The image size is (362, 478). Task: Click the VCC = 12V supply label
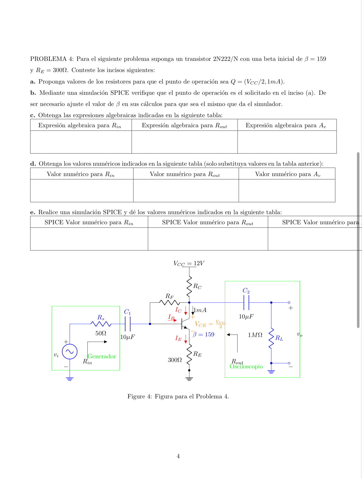[x=189, y=263]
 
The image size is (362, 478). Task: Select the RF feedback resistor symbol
[x=169, y=302]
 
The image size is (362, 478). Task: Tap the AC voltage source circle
[x=70, y=352]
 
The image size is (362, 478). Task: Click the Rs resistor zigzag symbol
[x=101, y=324]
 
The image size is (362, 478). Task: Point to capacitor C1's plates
[x=128, y=324]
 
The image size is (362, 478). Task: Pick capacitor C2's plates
[x=246, y=302]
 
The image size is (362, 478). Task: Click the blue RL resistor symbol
[x=271, y=338]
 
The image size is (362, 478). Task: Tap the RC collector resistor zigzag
[x=189, y=286]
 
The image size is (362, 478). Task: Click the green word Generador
[x=102, y=356]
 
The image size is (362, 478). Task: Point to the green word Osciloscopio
[x=246, y=366]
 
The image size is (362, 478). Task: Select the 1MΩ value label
[x=255, y=335]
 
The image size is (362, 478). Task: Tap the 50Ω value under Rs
[x=101, y=333]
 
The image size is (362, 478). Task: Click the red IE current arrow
[x=185, y=339]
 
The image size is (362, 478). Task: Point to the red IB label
[x=171, y=317]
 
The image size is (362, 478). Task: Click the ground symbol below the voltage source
[x=70, y=379]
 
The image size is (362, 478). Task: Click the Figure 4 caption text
[x=178, y=396]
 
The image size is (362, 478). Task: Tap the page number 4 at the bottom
[x=178, y=456]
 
